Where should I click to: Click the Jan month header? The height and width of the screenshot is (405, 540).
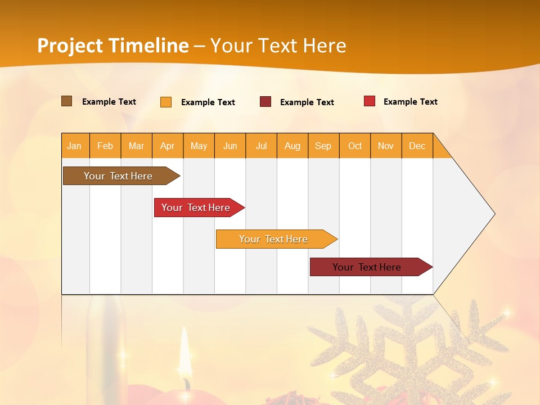click(75, 146)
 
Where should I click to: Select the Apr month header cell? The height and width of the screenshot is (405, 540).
click(168, 146)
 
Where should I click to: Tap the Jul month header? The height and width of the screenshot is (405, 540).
click(262, 146)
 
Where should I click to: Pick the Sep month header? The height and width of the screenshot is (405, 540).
click(323, 146)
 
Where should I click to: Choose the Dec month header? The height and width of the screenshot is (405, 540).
click(417, 146)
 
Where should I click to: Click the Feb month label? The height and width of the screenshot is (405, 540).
click(105, 146)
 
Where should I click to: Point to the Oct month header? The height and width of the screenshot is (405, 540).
click(355, 146)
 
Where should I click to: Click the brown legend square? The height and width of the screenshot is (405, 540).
click(67, 101)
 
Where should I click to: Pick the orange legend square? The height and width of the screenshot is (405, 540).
click(166, 102)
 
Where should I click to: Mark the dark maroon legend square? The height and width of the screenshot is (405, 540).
click(265, 102)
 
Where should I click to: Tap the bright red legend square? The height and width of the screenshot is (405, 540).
click(370, 101)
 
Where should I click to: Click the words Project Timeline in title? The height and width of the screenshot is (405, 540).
click(113, 46)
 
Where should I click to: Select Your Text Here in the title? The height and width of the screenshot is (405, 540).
click(278, 46)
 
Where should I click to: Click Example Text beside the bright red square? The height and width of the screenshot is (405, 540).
click(410, 102)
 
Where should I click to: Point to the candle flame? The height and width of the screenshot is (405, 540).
click(184, 352)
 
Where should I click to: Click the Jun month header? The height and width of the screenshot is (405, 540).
click(230, 146)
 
